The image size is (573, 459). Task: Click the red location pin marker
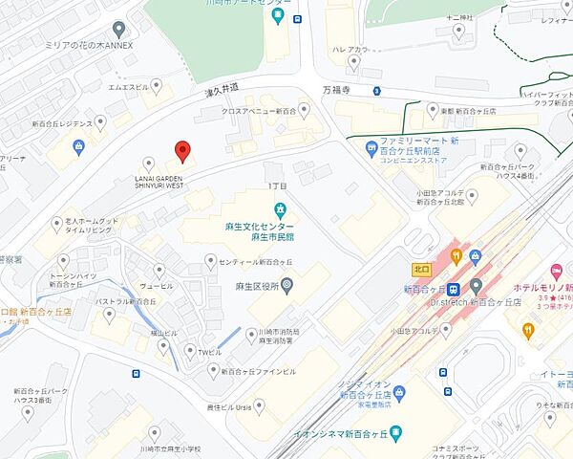pyautogui.click(x=182, y=151)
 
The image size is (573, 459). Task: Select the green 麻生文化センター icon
pyautogui.click(x=280, y=209)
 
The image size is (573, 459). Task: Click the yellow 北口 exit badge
pyautogui.click(x=420, y=269)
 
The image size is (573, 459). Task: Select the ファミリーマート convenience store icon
pyautogui.click(x=368, y=146)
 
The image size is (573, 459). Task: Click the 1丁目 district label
pyautogui.click(x=277, y=185)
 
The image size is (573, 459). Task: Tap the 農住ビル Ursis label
pyautogui.click(x=225, y=406)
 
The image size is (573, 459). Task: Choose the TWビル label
pyautogui.click(x=210, y=351)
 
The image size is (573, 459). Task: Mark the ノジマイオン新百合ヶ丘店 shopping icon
pyautogui.click(x=398, y=389)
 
